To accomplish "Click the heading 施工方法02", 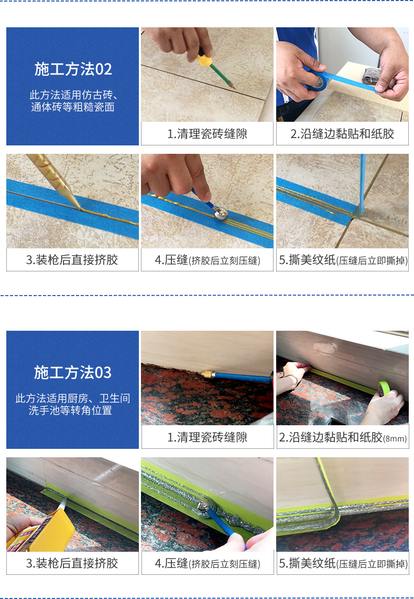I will pos(73,69).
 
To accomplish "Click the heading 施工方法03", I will pos(73,372).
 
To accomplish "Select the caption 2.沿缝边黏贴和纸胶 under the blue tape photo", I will pos(342,134).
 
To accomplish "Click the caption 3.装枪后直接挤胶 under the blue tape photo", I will pos(72,260).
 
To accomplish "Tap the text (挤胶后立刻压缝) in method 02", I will pos(225,260).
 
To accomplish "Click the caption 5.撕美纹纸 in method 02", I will pos(307,260).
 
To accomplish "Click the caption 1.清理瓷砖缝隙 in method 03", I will pos(207,437).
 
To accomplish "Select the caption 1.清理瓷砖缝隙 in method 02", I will pos(207,134).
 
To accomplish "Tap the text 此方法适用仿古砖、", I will pos(72,96).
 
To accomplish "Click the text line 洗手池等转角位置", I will pos(72,411).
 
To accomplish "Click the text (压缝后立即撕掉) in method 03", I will pos(373,564).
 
